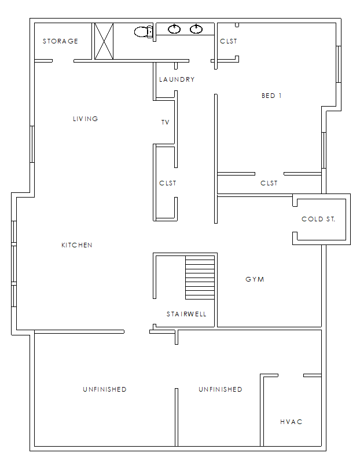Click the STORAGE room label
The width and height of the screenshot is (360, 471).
[60, 41]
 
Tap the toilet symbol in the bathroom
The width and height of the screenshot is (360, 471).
[144, 31]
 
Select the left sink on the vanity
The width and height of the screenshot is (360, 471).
[174, 29]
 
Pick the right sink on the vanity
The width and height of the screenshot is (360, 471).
[196, 29]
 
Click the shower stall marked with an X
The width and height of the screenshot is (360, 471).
[104, 41]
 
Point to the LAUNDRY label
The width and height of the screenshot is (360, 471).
[177, 79]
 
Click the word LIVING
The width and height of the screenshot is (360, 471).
[86, 119]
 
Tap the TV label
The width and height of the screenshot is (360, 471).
[166, 122]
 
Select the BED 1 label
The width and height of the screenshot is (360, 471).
[271, 96]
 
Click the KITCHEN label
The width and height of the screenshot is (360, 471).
[77, 245]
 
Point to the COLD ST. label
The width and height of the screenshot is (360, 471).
[318, 220]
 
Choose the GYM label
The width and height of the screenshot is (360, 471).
[255, 279]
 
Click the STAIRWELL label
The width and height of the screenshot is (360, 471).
[186, 314]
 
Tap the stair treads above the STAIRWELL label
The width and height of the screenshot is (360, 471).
[200, 278]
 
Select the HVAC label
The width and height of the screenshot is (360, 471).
[291, 422]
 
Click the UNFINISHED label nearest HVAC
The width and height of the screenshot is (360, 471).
[221, 389]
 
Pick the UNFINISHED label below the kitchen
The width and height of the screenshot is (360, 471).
[105, 389]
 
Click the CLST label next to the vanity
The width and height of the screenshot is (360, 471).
[229, 41]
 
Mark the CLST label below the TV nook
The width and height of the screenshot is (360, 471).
[168, 183]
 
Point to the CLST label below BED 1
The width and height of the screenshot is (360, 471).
[269, 183]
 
